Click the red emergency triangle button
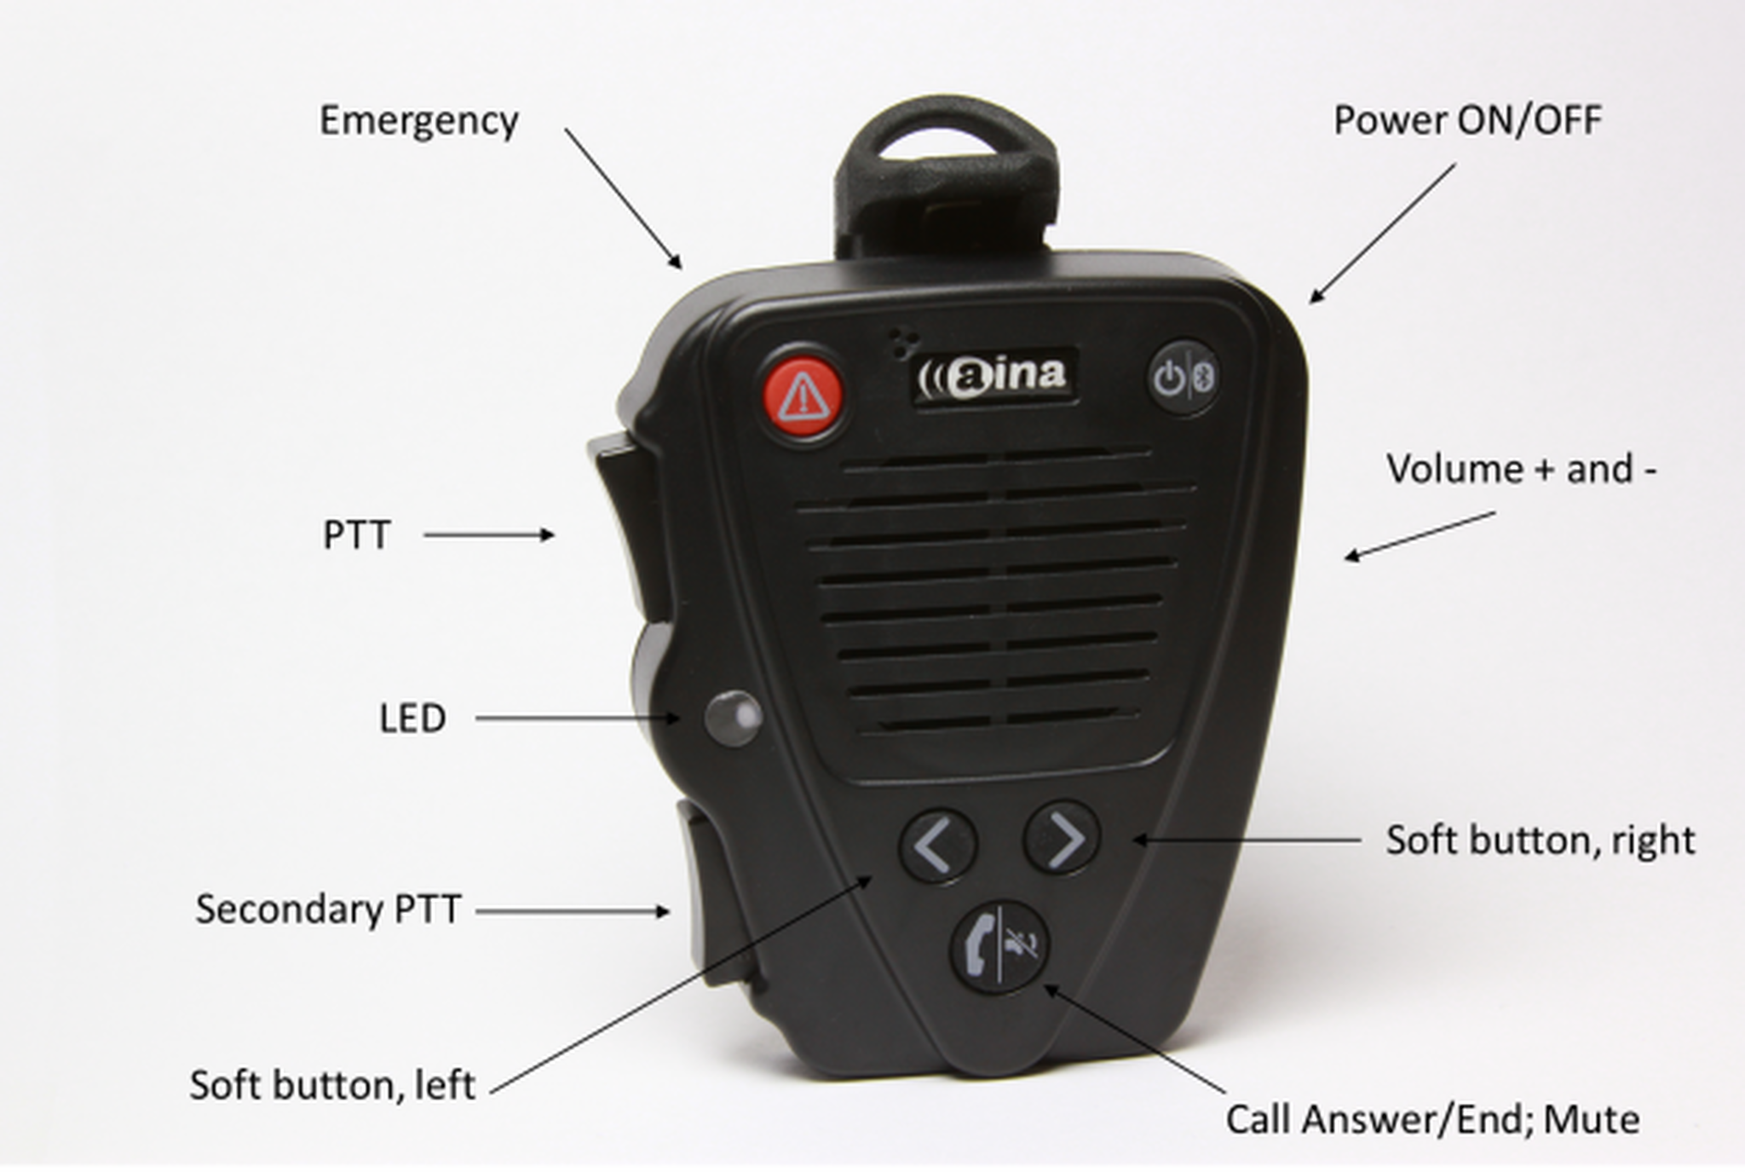[802, 395]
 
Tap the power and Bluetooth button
[1183, 378]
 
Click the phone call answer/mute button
[999, 946]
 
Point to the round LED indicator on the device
[733, 718]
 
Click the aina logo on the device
[993, 374]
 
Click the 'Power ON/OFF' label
[1467, 120]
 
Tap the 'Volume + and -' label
[1522, 469]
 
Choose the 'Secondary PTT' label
[328, 909]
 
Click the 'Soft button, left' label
[332, 1085]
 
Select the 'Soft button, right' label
[1541, 840]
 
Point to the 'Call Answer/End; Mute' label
[1432, 1119]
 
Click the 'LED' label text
[412, 719]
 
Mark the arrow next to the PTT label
[489, 535]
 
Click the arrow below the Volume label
[1420, 536]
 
